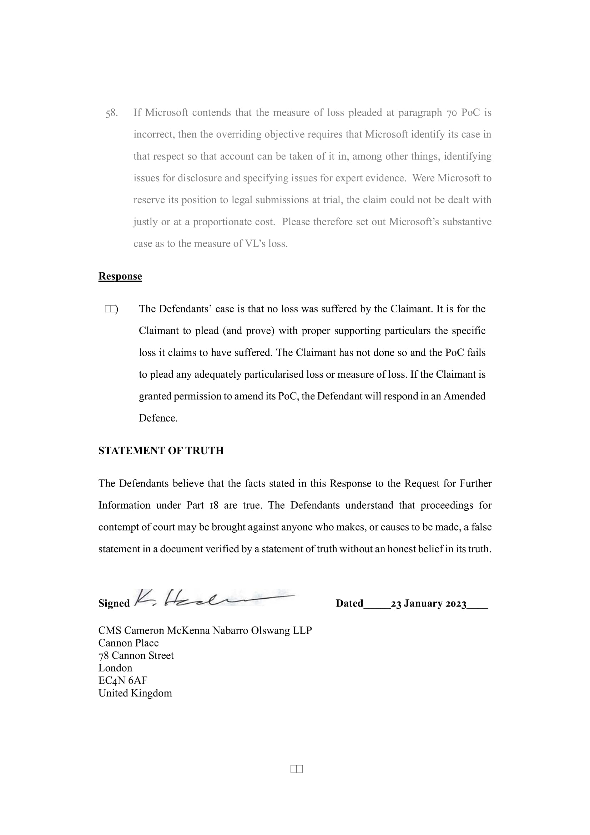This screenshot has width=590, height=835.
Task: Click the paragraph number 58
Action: (111, 113)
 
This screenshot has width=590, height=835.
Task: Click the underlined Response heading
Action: (120, 276)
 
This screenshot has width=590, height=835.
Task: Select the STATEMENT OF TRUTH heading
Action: (161, 451)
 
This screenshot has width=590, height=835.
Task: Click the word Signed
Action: (114, 603)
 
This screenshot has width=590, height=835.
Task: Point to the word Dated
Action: (349, 603)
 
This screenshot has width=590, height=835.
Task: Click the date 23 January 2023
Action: (428, 604)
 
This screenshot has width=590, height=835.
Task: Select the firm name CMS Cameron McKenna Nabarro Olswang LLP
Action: (205, 630)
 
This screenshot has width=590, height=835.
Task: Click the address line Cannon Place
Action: (128, 643)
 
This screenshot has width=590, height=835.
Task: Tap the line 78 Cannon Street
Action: (136, 655)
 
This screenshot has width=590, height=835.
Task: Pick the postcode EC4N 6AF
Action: (122, 680)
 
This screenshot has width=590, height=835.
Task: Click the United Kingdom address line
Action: (135, 693)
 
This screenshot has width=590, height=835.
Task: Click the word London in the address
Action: (115, 668)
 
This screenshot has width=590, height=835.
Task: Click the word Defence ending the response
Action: (158, 418)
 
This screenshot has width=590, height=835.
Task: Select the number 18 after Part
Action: (213, 505)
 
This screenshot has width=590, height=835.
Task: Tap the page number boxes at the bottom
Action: (296, 769)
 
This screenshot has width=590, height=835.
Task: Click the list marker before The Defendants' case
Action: (111, 309)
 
